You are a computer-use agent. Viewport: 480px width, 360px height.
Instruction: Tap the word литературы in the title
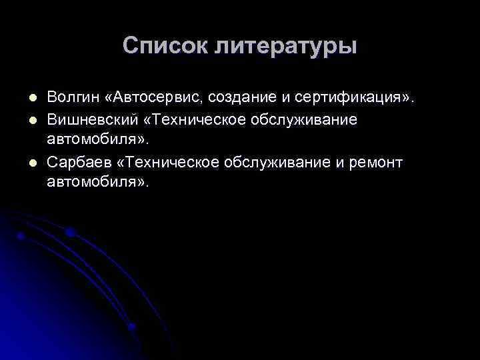286,47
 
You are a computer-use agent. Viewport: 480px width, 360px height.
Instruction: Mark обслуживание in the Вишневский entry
304,119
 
